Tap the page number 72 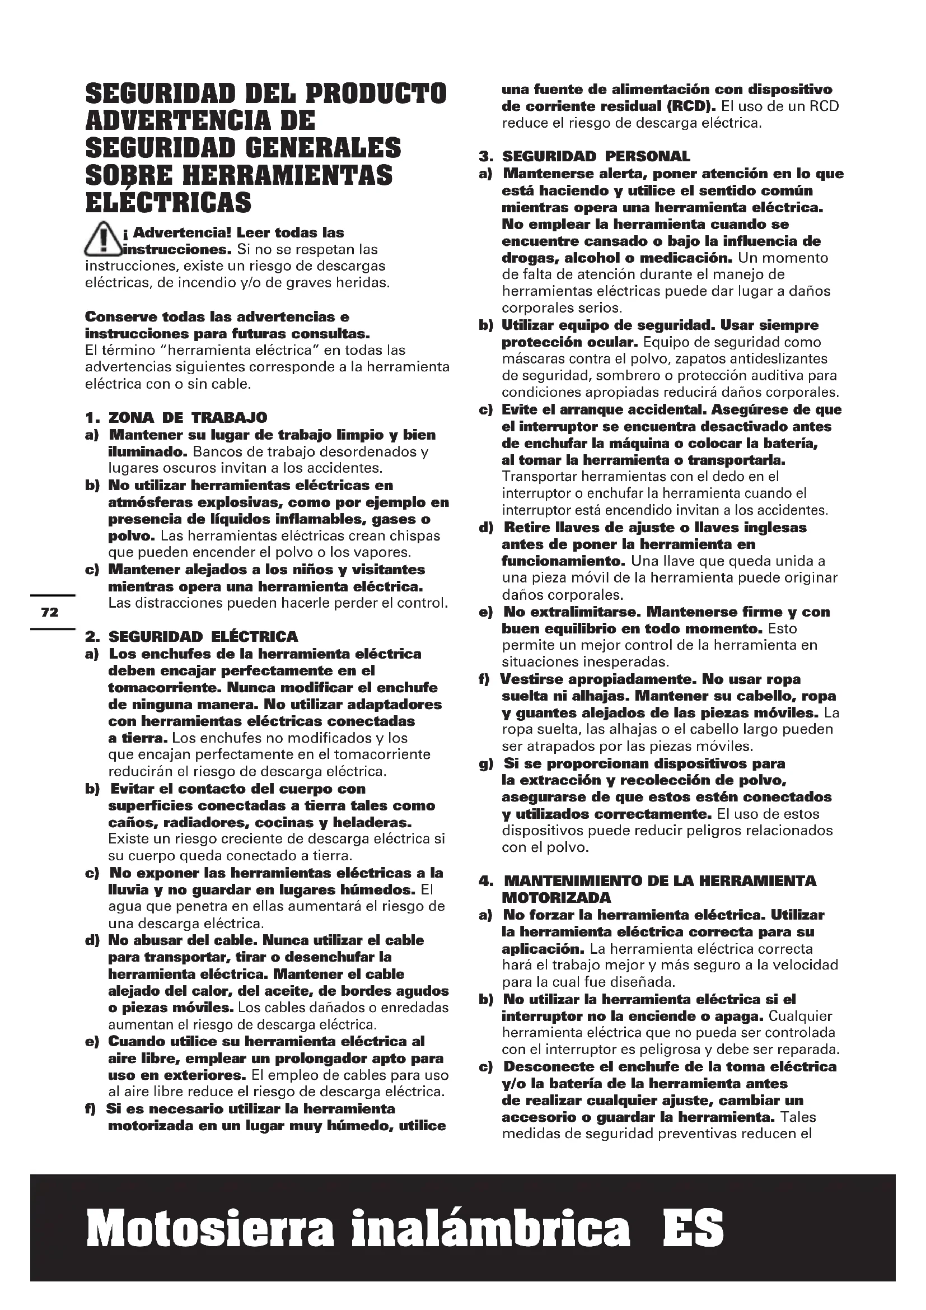coord(50,612)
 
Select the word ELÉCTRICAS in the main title coord(168,202)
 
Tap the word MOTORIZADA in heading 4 coord(556,897)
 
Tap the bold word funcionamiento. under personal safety coord(564,561)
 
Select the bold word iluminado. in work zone coord(148,452)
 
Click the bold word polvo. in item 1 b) coord(132,537)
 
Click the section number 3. coord(485,156)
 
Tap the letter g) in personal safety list coord(487,763)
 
